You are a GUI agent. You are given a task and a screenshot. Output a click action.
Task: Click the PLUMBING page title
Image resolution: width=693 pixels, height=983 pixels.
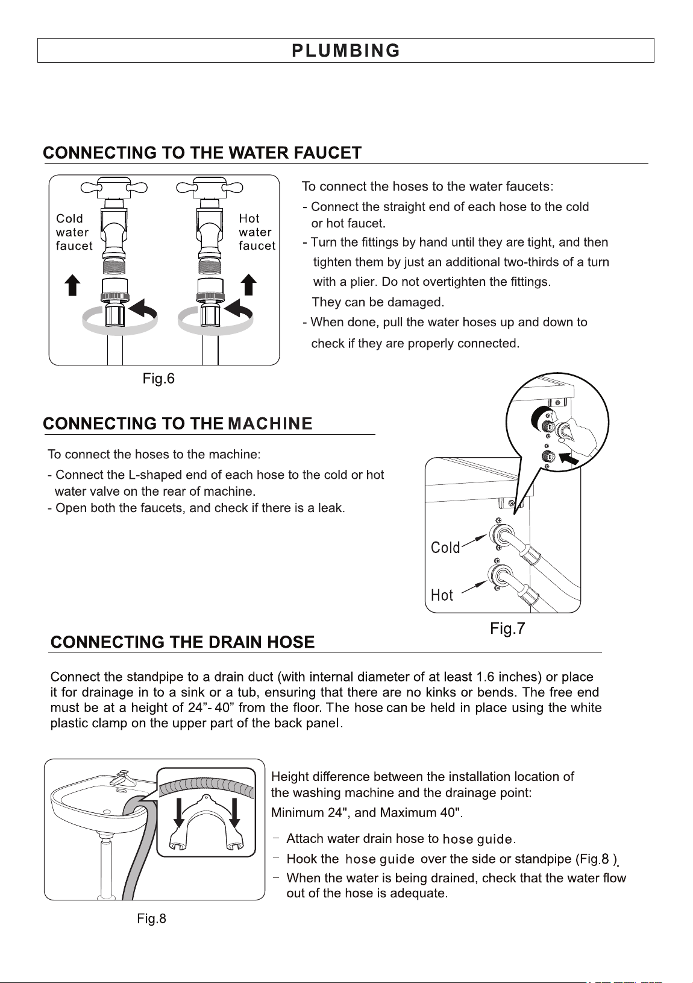[x=346, y=51]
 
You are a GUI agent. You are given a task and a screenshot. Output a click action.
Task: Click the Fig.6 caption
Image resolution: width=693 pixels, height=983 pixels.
[x=158, y=378]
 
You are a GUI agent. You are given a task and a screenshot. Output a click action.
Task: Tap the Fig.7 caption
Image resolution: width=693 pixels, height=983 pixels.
[x=507, y=628]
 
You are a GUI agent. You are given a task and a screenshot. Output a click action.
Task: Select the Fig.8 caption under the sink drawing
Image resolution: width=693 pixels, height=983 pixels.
[x=151, y=918]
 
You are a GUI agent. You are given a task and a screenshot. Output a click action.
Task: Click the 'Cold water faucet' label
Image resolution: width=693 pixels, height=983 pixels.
[x=74, y=232]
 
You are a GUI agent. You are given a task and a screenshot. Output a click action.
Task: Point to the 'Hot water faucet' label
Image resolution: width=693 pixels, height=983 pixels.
[x=257, y=232]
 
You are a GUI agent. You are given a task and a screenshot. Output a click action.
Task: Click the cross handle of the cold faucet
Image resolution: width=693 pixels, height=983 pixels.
[x=114, y=188]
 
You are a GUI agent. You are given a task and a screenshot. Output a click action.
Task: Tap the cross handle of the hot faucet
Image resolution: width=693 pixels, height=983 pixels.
[x=209, y=188]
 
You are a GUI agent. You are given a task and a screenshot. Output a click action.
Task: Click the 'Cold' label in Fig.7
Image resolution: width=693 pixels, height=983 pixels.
[x=445, y=548]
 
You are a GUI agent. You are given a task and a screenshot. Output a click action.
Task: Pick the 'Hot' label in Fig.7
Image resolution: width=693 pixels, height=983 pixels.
[x=442, y=595]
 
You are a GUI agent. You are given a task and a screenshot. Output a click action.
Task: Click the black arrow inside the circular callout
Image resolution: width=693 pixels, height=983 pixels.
[x=569, y=460]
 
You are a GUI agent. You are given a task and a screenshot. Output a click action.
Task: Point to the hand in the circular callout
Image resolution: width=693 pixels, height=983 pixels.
[x=578, y=434]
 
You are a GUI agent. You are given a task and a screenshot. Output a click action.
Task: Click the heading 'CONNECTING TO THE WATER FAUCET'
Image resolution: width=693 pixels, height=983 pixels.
[x=202, y=153]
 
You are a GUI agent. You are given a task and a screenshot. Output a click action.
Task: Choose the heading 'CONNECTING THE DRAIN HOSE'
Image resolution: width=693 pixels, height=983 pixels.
[x=183, y=642]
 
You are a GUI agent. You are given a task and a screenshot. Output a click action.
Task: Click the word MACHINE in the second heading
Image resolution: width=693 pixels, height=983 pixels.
[x=270, y=423]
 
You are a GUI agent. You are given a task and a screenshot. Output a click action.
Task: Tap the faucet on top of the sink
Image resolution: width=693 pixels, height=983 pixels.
[x=120, y=778]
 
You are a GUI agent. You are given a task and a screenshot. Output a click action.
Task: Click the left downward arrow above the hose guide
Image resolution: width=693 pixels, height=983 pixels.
[x=178, y=812]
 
